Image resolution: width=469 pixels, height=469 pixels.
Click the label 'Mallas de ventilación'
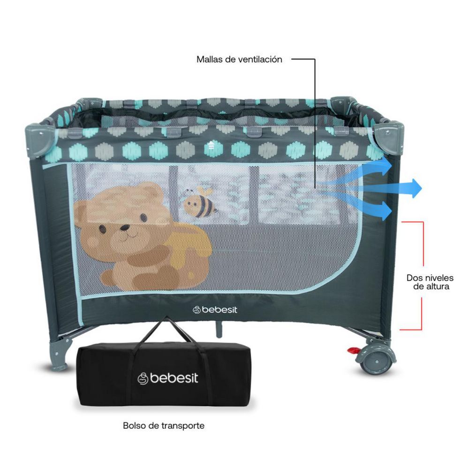(239, 59)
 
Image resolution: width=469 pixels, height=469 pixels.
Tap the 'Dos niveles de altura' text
(430, 282)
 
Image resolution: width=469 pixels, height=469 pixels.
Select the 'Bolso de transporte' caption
(164, 425)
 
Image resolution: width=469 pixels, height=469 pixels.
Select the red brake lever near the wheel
(354, 350)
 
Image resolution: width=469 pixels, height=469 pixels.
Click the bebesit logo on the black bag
(167, 378)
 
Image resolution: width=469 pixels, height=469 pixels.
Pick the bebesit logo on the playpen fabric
(215, 310)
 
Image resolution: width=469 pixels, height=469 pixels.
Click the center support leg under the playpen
(219, 327)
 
